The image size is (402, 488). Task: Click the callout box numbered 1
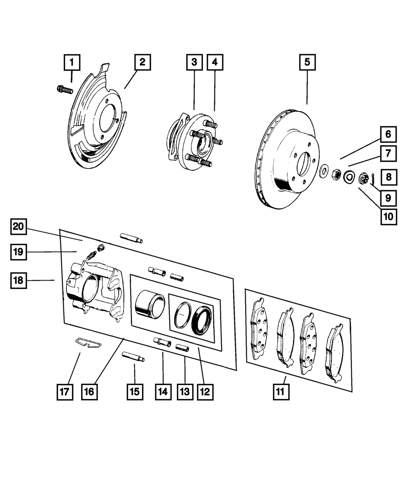point(72,62)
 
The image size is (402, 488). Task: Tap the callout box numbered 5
point(308,62)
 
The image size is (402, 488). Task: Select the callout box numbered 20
point(18,226)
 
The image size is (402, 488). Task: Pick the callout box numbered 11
point(281,392)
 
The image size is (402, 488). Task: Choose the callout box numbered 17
point(65,392)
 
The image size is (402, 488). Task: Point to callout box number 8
point(389,177)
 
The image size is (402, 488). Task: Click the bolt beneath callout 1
point(65,90)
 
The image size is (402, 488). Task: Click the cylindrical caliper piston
point(150,304)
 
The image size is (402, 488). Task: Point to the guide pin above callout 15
point(133,357)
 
